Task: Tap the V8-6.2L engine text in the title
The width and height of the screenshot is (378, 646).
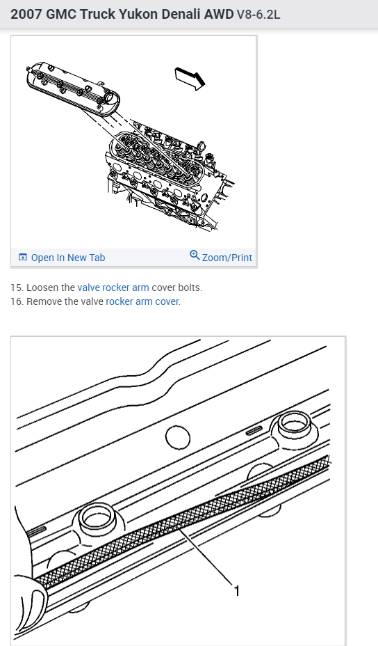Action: (258, 15)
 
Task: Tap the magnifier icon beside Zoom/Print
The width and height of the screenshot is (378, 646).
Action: (195, 255)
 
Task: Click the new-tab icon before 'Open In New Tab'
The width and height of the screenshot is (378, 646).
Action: (23, 257)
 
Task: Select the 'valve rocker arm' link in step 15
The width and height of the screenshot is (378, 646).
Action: (113, 287)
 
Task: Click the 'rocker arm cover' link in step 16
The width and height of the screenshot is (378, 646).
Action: (142, 301)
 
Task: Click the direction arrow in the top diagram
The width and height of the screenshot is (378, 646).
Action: (190, 78)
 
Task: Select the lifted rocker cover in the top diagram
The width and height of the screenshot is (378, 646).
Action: (73, 88)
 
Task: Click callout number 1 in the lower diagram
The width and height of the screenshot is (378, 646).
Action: (236, 591)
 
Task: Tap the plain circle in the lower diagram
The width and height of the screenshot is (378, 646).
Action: (178, 438)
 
